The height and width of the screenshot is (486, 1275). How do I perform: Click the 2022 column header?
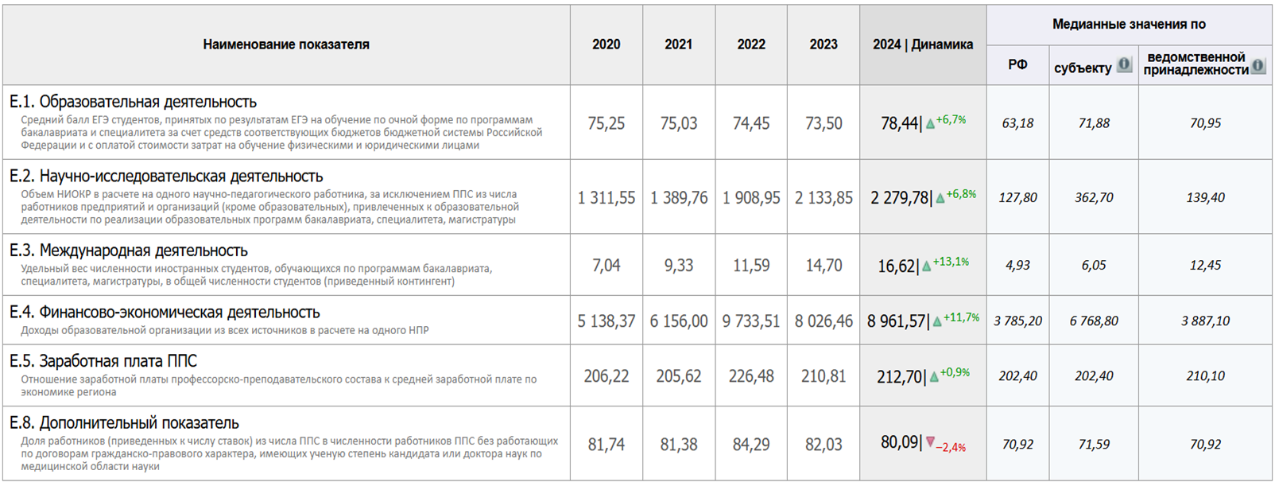point(750,45)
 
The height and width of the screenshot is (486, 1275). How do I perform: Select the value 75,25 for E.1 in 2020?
point(606,123)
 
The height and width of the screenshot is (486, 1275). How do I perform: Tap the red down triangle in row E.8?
point(931,441)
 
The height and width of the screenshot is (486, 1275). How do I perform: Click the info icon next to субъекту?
point(1124,64)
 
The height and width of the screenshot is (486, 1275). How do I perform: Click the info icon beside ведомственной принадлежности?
point(1258,65)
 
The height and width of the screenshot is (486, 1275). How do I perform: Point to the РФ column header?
point(1017,65)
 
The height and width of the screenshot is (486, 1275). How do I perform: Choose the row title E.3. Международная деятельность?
point(129,251)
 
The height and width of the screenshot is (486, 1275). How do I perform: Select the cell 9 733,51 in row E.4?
point(750,321)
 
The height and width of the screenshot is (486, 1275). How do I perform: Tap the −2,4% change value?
point(951,448)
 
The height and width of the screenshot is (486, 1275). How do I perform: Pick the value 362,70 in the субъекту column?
point(1094,198)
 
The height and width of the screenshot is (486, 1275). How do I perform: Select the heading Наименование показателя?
point(286,45)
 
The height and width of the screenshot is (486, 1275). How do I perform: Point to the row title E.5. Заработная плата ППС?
point(103,361)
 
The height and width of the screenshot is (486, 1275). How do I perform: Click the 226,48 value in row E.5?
point(750,376)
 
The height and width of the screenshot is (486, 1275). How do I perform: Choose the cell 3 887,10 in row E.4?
point(1205,321)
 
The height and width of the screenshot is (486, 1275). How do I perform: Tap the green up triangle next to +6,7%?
point(930,123)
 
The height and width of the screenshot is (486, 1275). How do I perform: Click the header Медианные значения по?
point(1129,25)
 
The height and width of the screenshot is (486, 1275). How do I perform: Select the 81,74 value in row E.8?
point(606,445)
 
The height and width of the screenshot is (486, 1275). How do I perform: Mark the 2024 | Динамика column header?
point(923,45)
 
